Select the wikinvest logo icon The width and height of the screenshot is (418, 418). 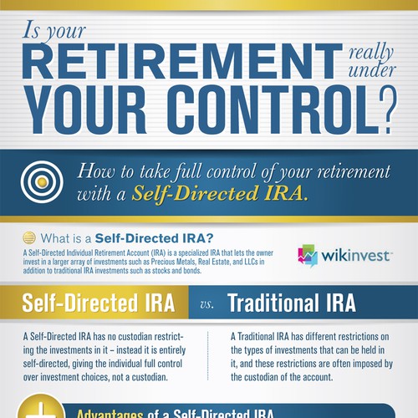click(x=308, y=255)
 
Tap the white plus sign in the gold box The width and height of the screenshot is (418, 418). click(x=40, y=408)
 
